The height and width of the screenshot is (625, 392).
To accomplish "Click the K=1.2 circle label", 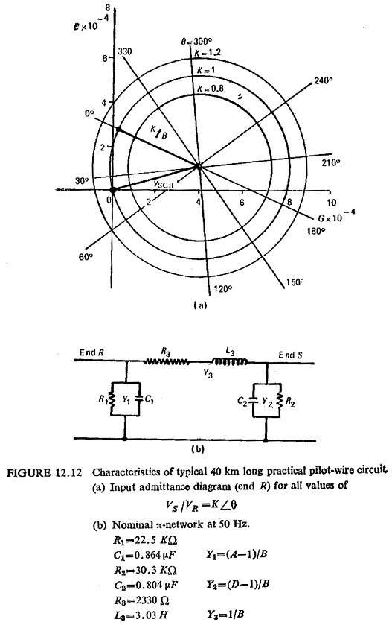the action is point(208,52).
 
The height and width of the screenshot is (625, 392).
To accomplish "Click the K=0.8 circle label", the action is point(211,89).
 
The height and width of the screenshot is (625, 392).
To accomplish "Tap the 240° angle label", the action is point(323,80).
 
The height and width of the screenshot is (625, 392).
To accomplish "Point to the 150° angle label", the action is point(295,282).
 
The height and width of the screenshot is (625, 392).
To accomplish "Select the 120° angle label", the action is point(222,288).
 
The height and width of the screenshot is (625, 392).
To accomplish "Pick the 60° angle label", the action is point(85,257).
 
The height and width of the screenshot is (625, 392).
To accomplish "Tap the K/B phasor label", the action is point(158,133).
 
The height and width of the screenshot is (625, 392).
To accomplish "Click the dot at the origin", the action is point(112,190).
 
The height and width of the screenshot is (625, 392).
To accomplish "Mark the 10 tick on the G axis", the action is point(332,203).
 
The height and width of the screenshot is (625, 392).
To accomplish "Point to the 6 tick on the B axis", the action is point(105,58).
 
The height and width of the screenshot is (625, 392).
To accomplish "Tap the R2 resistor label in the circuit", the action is point(291,403).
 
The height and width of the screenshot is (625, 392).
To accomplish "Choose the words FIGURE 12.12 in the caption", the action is point(45,473).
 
